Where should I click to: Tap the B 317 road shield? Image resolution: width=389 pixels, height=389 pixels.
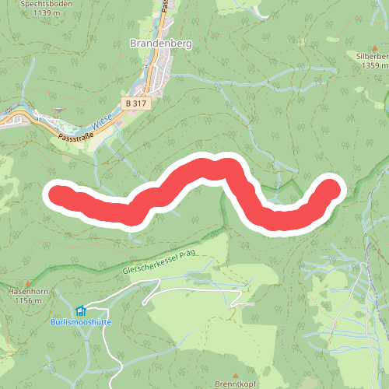pos(137,102)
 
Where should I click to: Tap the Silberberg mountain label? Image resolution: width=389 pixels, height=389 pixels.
pos(372,57)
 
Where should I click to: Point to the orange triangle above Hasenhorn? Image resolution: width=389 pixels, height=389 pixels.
pos(27,282)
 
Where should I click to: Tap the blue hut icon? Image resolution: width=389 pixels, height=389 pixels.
pos(82,310)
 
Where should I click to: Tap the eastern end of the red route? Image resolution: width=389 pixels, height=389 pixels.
pos(331,189)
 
